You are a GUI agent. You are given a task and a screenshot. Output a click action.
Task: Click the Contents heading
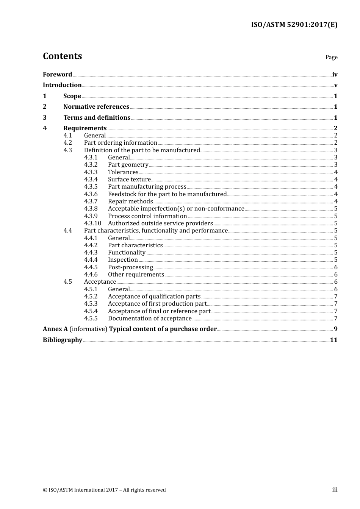[x=62, y=56]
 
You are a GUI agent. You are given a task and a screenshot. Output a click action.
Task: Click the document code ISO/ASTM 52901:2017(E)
[x=294, y=25]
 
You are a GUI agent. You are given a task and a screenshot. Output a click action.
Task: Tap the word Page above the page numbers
[x=331, y=57]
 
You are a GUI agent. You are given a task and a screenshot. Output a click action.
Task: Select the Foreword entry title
[x=57, y=75]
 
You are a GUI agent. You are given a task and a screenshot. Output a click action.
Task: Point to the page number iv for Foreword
[x=335, y=75]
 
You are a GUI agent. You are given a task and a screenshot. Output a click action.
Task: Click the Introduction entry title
[x=62, y=85]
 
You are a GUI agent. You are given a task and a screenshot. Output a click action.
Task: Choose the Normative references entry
[x=96, y=107]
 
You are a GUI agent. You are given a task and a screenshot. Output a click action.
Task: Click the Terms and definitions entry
[x=97, y=118]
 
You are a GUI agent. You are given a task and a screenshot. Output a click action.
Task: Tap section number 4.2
[x=67, y=143]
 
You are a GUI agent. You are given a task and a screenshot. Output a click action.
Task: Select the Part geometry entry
[x=128, y=165]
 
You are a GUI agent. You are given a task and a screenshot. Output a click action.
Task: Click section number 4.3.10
[x=92, y=223]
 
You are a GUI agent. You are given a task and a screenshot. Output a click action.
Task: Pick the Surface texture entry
[x=129, y=180]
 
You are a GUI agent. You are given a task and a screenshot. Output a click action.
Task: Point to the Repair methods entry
[x=130, y=201]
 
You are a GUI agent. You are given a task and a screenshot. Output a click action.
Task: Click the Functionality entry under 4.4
[x=127, y=253]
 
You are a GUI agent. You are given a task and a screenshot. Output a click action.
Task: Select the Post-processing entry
[x=130, y=267]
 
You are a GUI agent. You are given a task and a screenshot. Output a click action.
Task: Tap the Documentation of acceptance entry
[x=150, y=319]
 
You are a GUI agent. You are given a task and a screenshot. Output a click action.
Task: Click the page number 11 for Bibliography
[x=333, y=340]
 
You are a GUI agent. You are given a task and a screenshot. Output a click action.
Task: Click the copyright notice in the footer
[x=104, y=490]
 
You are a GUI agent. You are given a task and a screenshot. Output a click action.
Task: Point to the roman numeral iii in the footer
[x=335, y=490]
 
